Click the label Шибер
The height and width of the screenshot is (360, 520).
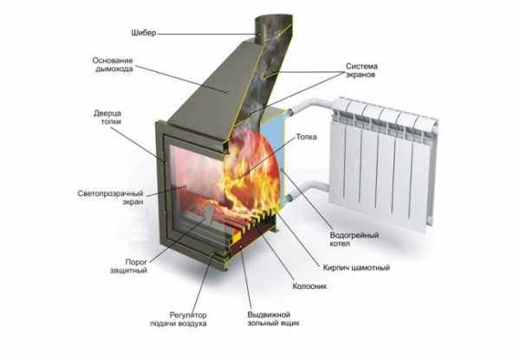pyautogui.click(x=143, y=33)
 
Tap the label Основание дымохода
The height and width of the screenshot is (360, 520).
pyautogui.click(x=113, y=65)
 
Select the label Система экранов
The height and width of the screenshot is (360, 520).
pyautogui.click(x=361, y=70)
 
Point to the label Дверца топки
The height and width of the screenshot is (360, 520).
pyautogui.click(x=107, y=117)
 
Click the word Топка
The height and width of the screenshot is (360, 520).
pyautogui.click(x=307, y=137)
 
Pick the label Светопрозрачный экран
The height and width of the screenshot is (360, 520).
pyautogui.click(x=110, y=198)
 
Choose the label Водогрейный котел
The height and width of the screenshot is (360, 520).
pyautogui.click(x=354, y=239)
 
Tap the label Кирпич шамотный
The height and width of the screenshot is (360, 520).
pyautogui.click(x=356, y=267)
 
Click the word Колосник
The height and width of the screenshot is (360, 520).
pyautogui.click(x=309, y=286)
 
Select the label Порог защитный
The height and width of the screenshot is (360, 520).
pyautogui.click(x=128, y=266)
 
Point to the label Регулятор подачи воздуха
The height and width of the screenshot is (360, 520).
pyautogui.click(x=179, y=319)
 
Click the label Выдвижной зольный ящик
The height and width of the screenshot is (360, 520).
pyautogui.click(x=273, y=319)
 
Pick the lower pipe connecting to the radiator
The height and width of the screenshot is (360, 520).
pyautogui.click(x=309, y=190)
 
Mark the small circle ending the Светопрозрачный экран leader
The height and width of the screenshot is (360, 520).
pyautogui.click(x=185, y=187)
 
